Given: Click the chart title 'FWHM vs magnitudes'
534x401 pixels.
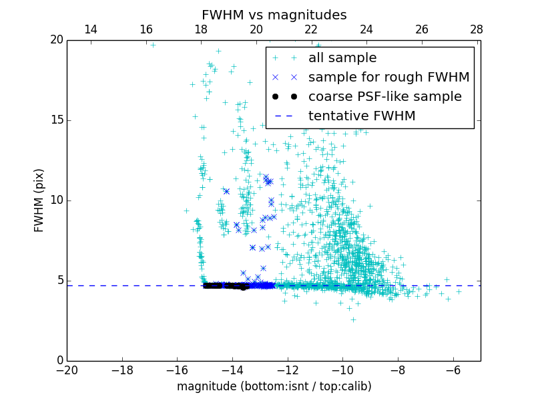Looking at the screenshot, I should [x=274, y=15].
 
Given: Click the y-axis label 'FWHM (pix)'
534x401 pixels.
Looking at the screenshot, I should [x=39, y=200].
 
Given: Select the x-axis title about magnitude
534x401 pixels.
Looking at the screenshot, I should [x=274, y=386].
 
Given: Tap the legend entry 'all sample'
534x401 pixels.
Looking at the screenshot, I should [x=342, y=58].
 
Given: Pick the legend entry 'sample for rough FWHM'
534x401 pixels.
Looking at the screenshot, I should [x=388, y=78].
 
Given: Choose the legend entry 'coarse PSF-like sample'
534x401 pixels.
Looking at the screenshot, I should [x=384, y=97].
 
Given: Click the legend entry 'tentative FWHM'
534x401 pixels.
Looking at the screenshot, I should [x=362, y=116].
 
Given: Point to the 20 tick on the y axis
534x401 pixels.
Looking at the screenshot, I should [x=55, y=40].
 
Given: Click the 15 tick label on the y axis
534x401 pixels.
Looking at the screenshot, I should [x=55, y=120].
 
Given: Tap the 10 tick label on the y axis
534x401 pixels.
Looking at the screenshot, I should [x=55, y=200].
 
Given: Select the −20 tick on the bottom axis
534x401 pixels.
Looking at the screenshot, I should [x=67, y=370].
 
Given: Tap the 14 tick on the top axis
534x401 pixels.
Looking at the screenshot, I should [x=91, y=29].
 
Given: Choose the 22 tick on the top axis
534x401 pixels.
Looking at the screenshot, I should [x=311, y=29].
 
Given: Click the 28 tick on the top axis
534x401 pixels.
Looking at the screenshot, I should [x=476, y=29].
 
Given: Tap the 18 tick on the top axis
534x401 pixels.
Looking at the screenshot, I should [x=201, y=29].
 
